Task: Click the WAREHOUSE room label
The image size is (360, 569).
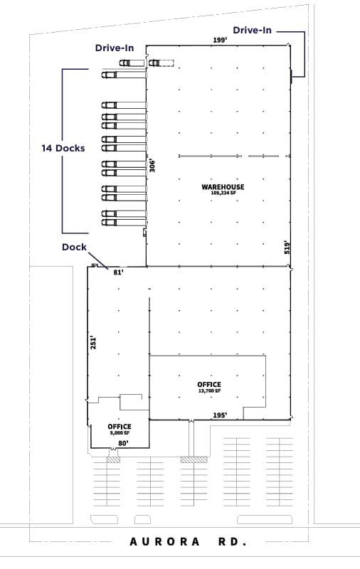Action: tap(223, 187)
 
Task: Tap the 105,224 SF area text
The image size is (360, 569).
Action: tap(223, 193)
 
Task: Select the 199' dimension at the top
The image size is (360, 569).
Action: tap(220, 41)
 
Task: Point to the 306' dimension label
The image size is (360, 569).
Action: tap(152, 165)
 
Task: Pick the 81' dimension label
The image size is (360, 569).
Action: tap(119, 272)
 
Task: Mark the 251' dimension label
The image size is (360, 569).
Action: tap(92, 342)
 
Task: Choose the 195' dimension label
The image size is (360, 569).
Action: tap(220, 415)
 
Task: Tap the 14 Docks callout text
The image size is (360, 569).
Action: tap(63, 148)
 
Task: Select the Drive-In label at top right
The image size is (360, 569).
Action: tap(253, 30)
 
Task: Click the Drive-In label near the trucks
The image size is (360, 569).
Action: tap(115, 48)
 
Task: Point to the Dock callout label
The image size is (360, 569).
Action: tap(74, 248)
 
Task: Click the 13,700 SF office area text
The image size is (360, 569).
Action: tap(209, 390)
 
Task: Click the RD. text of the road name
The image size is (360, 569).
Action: tap(232, 542)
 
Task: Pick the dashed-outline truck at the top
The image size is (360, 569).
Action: tap(162, 63)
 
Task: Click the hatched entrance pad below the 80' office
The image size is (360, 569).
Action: tap(113, 459)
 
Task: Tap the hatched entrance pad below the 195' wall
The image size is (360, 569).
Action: tap(194, 459)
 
